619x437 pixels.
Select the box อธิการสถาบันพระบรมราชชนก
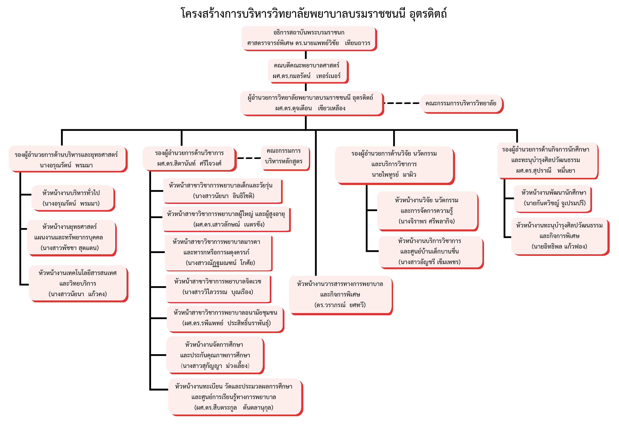[308, 38]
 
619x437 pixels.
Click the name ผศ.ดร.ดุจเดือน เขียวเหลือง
[310, 108]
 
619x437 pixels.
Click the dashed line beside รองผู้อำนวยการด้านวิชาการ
[249, 158]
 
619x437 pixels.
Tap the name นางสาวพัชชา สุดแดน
[70, 248]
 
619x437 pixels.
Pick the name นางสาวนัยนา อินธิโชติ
[224, 196]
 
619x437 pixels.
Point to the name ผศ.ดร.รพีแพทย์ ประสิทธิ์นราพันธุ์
[226, 323]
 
